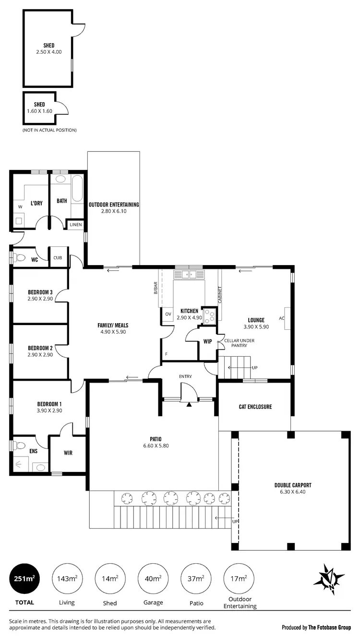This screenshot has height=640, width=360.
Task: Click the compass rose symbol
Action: (329, 580)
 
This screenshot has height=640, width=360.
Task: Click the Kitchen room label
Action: (189, 311)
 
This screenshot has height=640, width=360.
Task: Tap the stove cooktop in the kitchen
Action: (210, 315)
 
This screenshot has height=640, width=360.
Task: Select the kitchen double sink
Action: (189, 275)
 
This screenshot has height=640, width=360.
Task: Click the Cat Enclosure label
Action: (255, 407)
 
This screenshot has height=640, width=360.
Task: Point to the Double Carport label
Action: (293, 485)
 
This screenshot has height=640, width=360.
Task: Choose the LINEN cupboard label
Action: (76, 225)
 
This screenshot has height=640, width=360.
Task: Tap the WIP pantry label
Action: (207, 342)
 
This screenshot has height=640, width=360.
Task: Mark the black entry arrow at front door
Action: (189, 405)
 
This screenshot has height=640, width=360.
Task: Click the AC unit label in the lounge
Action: (282, 318)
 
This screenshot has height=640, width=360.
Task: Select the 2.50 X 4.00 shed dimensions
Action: (49, 52)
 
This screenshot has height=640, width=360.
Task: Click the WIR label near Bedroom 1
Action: (68, 453)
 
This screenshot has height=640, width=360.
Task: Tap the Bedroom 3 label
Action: (40, 292)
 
